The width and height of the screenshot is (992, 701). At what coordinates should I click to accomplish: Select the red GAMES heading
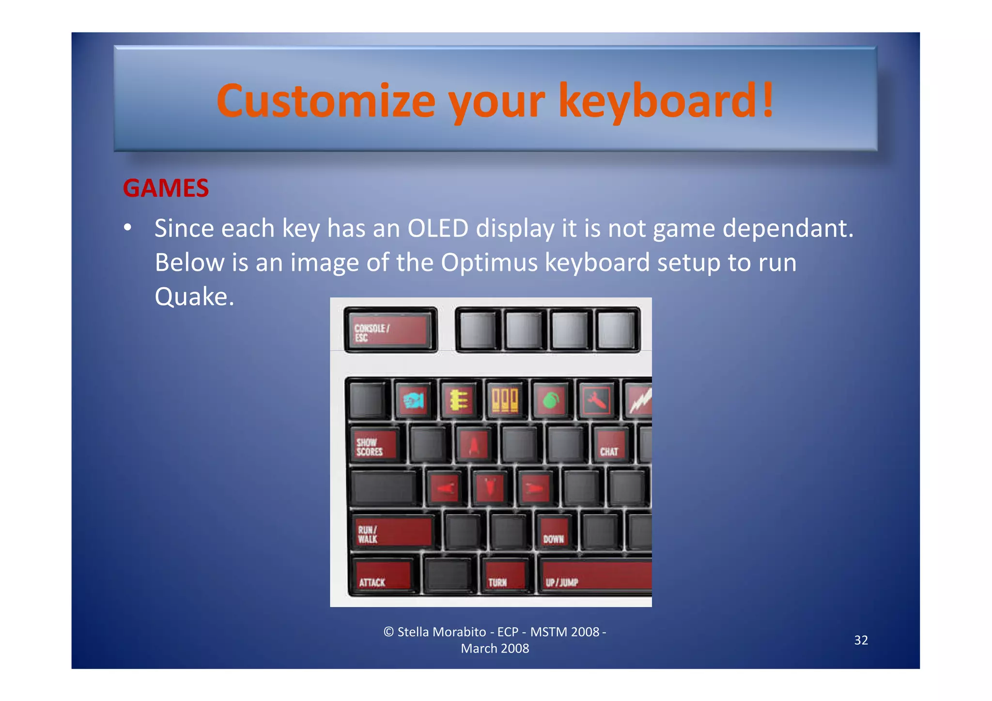point(166,188)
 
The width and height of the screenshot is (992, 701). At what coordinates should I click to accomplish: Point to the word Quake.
point(194,296)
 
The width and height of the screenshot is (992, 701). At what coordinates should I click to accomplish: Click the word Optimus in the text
point(489,263)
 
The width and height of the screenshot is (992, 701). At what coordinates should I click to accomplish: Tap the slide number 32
point(861,640)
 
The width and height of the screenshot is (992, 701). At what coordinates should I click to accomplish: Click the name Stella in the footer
point(417,632)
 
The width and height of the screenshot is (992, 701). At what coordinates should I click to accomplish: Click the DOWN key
point(554,532)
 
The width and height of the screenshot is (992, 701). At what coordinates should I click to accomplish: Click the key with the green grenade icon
point(551,400)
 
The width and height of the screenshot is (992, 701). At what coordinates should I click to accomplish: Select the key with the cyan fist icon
point(413,400)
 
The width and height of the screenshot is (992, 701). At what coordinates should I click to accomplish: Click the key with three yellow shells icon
point(505,400)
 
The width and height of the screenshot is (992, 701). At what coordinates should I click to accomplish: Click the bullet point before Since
point(127,228)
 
